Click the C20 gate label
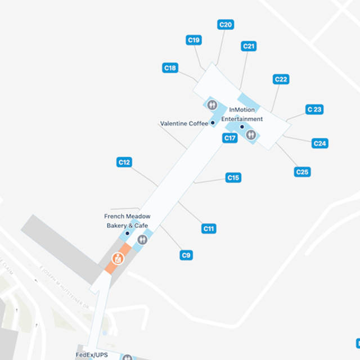pos(226,24)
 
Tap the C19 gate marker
pos(194,40)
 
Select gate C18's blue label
pos(170,68)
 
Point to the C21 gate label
pos(249,46)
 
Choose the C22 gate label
pos(281,79)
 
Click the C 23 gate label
pos(314,110)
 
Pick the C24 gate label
pos(319,143)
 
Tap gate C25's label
pos(302,172)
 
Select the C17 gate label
pos(229,138)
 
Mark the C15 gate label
pos(233,178)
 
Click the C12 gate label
pos(124,162)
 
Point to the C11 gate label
pos(209,228)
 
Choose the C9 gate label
pos(187,255)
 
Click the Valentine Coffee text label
pos(184,123)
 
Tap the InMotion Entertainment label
pos(242,115)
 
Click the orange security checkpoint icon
pos(118,259)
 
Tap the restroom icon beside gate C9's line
pos(142,240)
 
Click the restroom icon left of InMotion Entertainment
pos(212,104)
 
